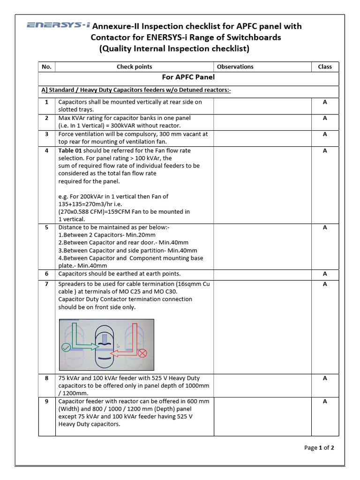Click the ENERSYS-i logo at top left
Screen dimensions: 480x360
click(x=58, y=25)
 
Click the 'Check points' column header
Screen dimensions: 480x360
click(x=134, y=67)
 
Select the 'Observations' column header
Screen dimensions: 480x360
click(x=235, y=67)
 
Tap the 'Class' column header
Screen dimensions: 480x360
click(x=325, y=67)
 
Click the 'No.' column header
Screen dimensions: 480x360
click(x=46, y=67)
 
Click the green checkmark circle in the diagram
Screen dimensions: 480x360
click(x=66, y=347)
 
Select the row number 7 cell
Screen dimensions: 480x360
click(x=46, y=284)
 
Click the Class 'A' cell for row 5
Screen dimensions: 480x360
click(x=325, y=227)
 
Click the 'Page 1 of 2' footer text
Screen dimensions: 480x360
click(x=319, y=448)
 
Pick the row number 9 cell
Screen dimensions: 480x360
click(x=46, y=401)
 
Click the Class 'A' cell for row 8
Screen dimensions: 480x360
click(x=325, y=378)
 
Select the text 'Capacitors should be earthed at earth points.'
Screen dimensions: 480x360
click(x=119, y=274)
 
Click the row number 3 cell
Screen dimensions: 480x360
click(x=46, y=134)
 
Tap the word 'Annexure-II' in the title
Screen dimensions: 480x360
click(x=114, y=26)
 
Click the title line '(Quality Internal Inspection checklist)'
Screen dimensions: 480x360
click(x=174, y=48)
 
